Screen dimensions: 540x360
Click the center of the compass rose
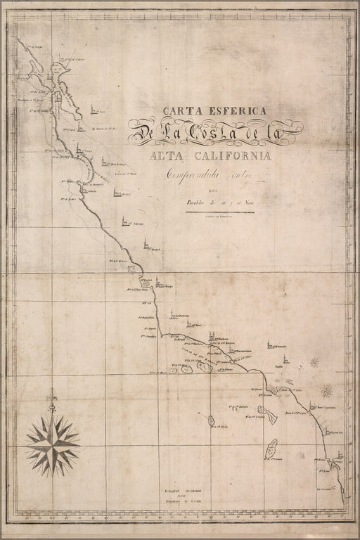[53, 444]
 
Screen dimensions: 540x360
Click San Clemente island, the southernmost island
[271, 446]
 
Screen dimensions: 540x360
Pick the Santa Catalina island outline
[266, 409]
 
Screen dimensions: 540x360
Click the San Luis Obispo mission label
[163, 286]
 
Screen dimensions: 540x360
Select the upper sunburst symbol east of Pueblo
[313, 362]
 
